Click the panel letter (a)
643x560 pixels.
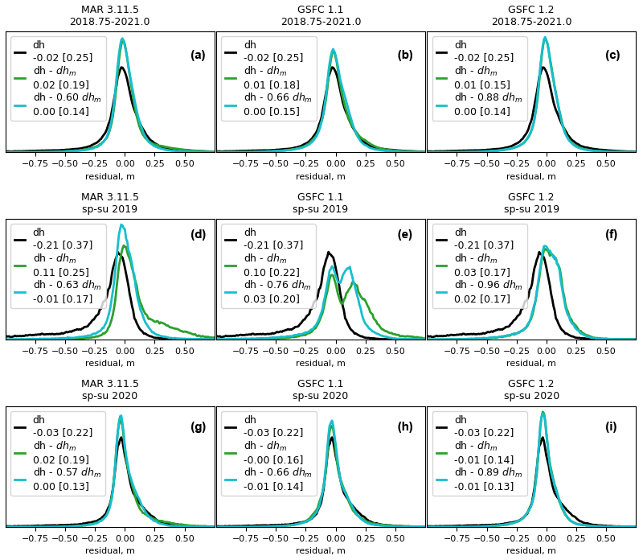click(198, 56)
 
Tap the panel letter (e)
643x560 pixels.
click(405, 235)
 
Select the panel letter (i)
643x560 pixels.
click(611, 427)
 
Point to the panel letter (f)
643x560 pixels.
click(611, 235)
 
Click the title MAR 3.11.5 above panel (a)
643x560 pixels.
click(109, 10)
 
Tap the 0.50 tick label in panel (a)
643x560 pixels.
click(184, 163)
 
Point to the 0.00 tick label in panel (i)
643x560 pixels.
click(547, 537)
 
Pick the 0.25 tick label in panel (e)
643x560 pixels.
click(365, 351)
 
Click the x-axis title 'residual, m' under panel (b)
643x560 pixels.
click(321, 176)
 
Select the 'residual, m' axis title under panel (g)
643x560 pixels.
click(110, 550)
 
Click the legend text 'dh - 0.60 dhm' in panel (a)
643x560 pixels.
click(67, 98)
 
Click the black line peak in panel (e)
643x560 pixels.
click(328, 252)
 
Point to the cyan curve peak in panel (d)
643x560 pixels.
click(121, 225)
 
